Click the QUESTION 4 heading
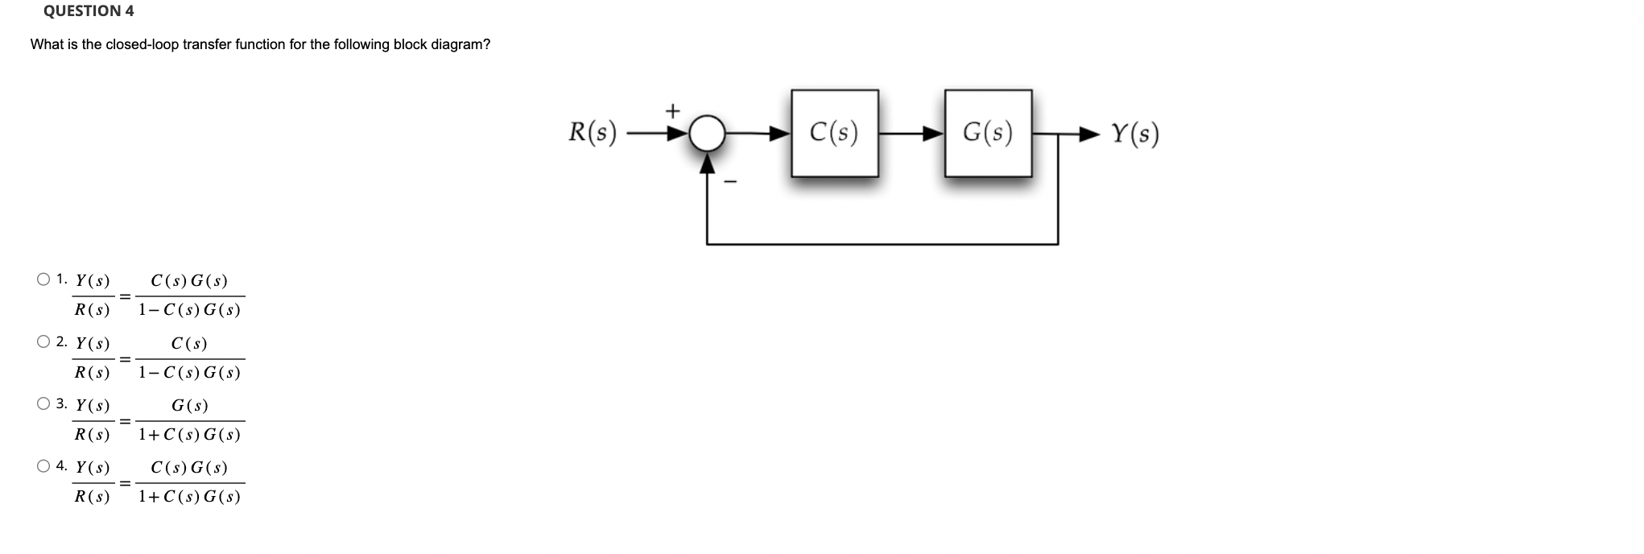pos(89,11)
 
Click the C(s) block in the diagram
pos(834,133)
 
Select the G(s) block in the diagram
pos(988,133)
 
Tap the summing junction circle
pos(707,133)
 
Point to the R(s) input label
pos(593,132)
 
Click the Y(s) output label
pos(1135,134)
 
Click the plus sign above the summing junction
pos(672,109)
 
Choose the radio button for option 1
pos(43,279)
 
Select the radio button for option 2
pos(43,341)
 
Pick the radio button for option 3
pos(43,403)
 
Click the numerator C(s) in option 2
pos(189,344)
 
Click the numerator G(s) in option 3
pos(189,406)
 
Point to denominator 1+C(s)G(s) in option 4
pos(189,497)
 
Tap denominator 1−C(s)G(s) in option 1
pos(189,310)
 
